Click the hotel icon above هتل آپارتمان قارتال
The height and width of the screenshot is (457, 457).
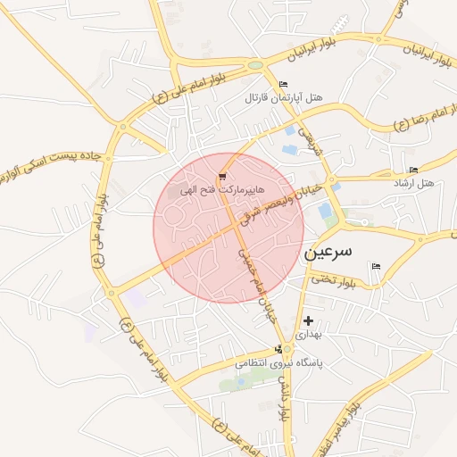point(284,84)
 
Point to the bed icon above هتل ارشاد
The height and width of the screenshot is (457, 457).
point(412,170)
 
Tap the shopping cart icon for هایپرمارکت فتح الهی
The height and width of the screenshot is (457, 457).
point(221,179)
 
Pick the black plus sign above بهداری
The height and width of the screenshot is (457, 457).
point(308,320)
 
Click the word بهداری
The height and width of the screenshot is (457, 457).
point(310,333)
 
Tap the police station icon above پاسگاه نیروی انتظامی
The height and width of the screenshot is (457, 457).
point(279,350)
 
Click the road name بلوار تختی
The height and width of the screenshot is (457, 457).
point(332,280)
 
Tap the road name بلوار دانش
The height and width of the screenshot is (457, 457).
point(283,397)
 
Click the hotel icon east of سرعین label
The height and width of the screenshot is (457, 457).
point(376,266)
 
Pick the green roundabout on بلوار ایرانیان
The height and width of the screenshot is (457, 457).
point(255,64)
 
